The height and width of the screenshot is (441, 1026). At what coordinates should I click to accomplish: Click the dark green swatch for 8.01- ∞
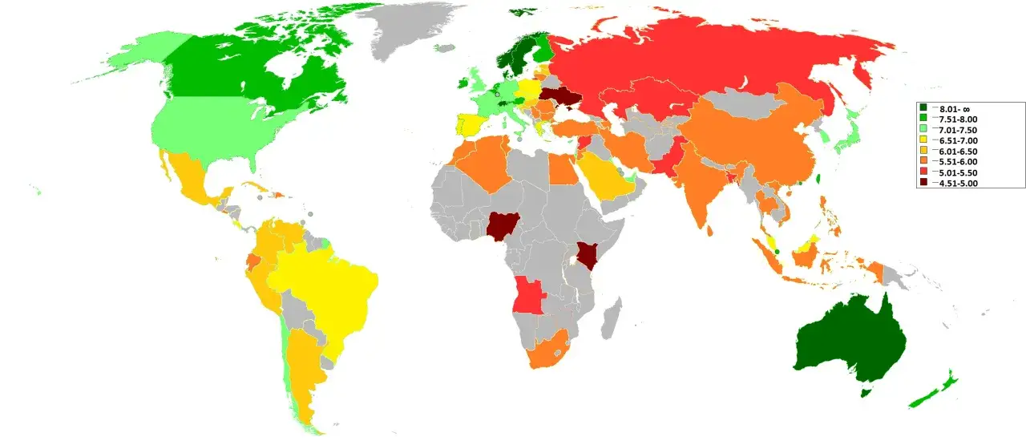(x=923, y=108)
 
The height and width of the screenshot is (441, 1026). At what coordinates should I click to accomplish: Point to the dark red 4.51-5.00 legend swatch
(x=923, y=184)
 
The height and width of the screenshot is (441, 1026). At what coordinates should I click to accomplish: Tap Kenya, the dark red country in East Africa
(x=589, y=256)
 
